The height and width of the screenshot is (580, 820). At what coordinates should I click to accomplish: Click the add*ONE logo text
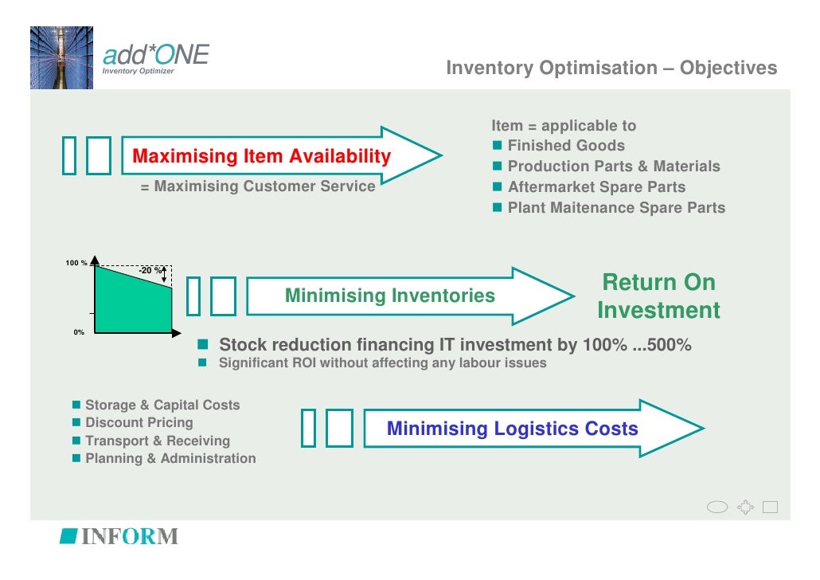click(155, 55)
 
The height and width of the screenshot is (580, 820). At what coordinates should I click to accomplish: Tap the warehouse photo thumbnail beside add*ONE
click(61, 57)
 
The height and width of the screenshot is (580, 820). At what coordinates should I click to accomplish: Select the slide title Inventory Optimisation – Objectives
click(611, 69)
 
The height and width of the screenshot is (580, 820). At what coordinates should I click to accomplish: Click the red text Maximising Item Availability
click(261, 156)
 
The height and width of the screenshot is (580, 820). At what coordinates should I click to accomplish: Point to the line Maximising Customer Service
click(257, 186)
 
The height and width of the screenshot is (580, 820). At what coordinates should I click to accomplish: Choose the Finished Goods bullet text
click(566, 146)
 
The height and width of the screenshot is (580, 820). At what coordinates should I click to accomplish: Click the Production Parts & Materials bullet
click(613, 167)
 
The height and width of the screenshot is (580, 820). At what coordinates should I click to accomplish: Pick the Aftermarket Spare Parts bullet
click(596, 187)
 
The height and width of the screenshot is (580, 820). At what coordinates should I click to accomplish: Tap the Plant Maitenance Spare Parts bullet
click(616, 208)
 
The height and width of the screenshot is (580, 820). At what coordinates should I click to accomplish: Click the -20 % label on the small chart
click(149, 271)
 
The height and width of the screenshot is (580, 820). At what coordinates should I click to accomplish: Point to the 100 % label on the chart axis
click(76, 263)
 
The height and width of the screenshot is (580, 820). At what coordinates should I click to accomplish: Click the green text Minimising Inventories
click(389, 296)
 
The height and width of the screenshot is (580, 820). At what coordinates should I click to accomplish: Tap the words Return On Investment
click(658, 296)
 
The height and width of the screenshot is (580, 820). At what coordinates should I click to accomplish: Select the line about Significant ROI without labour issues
click(382, 363)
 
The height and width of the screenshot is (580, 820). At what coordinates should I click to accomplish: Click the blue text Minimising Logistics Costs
click(512, 429)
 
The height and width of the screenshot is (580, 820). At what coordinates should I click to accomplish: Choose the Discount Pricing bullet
click(139, 422)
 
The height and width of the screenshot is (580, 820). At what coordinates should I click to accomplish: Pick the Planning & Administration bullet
click(170, 459)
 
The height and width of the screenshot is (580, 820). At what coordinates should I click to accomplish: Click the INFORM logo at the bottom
click(119, 536)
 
